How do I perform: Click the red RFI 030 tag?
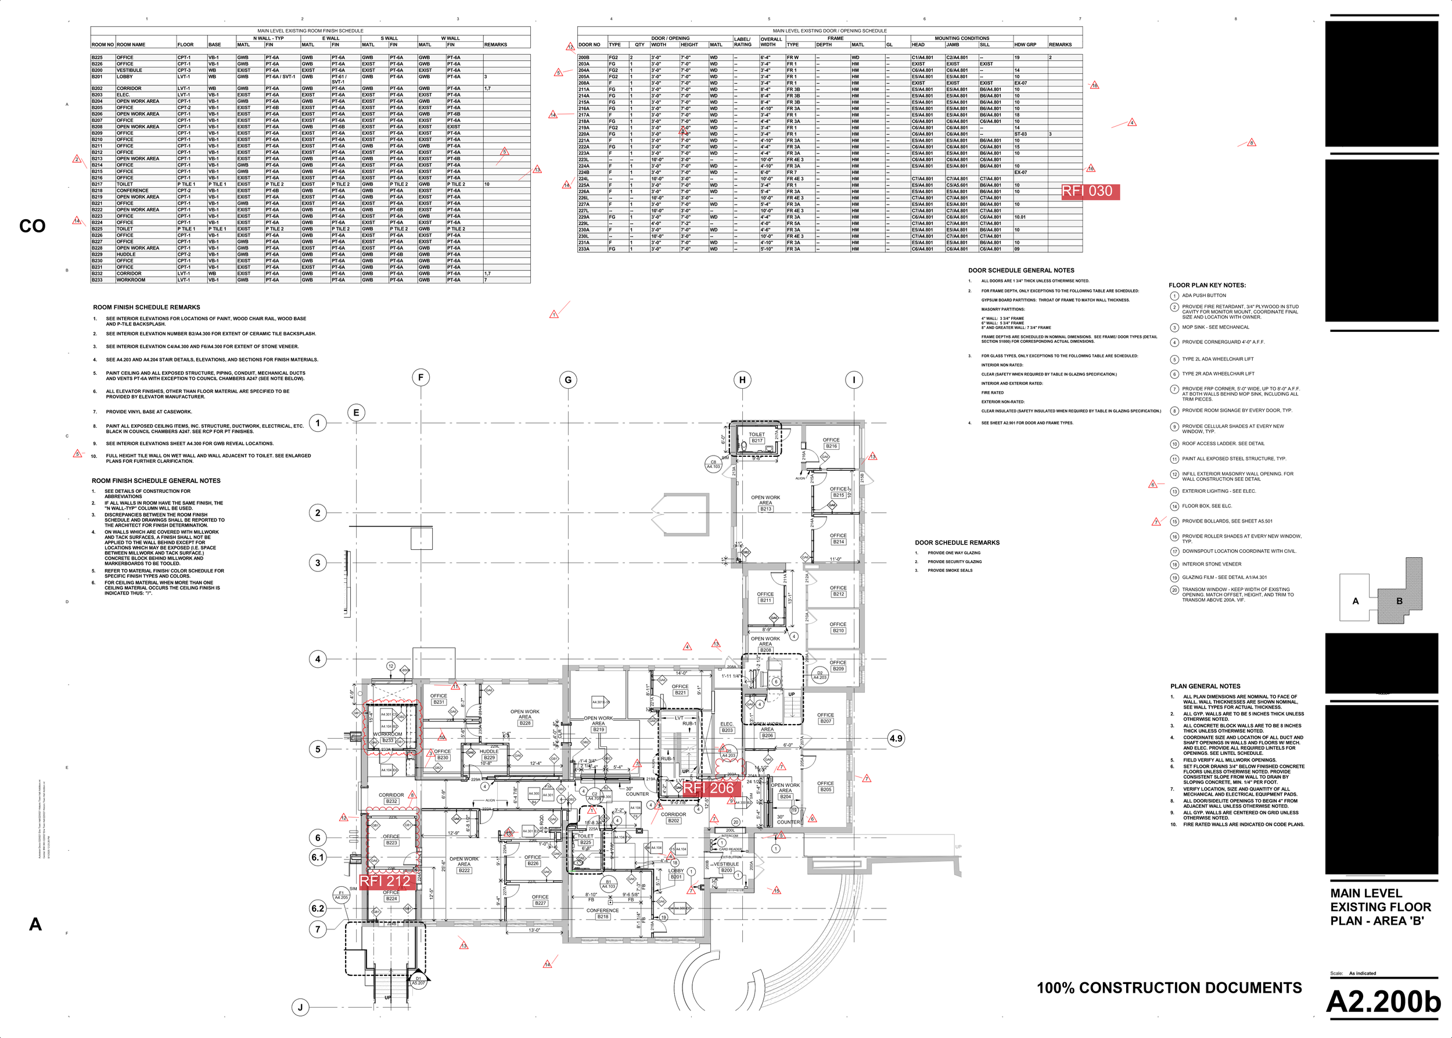1090,191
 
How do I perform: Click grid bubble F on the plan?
420,377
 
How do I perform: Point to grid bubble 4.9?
896,738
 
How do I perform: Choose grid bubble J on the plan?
301,1007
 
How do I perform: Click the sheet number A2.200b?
1383,1001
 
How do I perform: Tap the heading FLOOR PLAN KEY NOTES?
1207,285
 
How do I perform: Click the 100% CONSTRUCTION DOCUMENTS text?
1169,987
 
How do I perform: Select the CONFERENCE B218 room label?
602,914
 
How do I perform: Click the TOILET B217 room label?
757,437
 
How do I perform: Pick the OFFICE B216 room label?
831,443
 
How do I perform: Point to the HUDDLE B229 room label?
488,754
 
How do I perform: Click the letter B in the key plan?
1399,601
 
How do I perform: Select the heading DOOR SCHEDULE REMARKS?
957,543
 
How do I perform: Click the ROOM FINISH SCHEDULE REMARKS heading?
146,307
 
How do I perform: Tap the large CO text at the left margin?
32,226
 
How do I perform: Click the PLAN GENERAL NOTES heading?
1205,686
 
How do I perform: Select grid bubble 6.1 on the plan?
318,857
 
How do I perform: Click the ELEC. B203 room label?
727,728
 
